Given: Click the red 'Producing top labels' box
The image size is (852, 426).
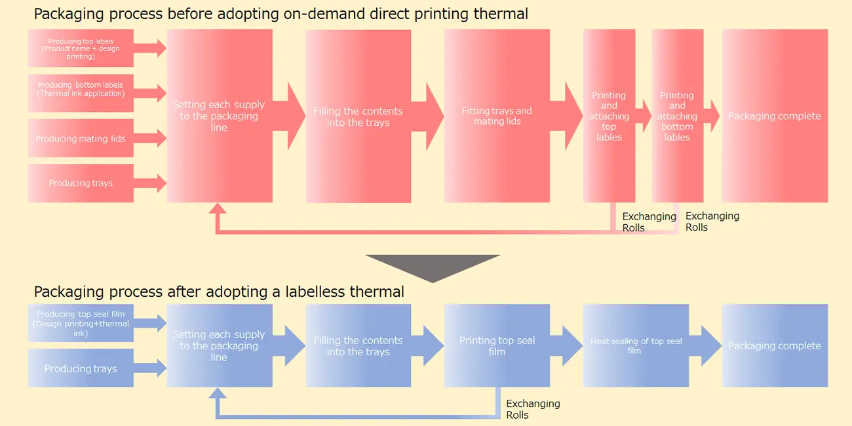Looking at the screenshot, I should coord(81,48).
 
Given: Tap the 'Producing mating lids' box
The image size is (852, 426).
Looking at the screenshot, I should coord(81,138).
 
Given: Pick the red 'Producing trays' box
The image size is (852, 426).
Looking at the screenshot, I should coord(81,183).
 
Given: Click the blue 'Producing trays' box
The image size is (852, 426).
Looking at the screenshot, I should coord(81,368).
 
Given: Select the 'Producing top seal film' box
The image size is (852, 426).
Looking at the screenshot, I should coord(81,323).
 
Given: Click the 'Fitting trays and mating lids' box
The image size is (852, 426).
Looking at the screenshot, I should coord(497,116).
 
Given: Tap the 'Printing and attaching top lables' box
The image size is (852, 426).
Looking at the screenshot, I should coord(609,116).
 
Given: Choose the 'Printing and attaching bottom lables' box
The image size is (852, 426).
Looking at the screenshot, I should coord(677,116).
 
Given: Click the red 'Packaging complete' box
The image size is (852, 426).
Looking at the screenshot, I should coord(775,116).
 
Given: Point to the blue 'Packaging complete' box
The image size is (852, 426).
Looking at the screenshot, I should coord(775,345).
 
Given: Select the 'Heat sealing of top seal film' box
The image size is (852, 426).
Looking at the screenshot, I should coord(635,345).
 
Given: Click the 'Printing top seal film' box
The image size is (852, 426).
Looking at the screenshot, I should coord(497,345).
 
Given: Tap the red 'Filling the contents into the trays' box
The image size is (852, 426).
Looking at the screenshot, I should coord(358,116).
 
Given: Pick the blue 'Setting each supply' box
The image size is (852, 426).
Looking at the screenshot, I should coord(219,345).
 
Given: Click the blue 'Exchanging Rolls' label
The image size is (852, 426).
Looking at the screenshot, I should coord(532,409).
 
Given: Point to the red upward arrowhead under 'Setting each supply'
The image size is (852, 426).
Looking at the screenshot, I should coord(217,209).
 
